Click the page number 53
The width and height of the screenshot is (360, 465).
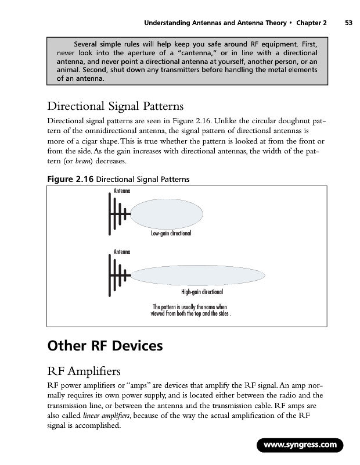coord(348,23)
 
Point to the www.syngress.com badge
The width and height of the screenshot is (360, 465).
coord(300,445)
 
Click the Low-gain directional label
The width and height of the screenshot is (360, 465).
coord(171,233)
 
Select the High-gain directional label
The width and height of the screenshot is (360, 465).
coord(203,292)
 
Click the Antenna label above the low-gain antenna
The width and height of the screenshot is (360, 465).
coord(121,191)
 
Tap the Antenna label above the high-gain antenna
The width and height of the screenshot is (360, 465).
coord(121,252)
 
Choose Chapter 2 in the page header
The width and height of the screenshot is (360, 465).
coord(311,23)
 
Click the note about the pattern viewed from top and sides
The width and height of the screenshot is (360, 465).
coord(190,309)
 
